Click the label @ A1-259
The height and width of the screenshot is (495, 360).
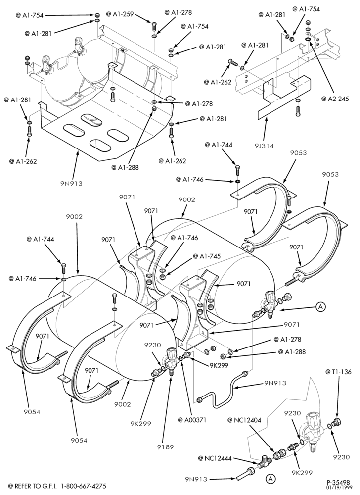120,14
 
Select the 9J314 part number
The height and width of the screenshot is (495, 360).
265,146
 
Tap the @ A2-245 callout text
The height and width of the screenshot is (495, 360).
335,99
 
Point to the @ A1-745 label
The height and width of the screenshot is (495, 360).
207,256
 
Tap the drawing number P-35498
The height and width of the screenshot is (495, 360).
338,482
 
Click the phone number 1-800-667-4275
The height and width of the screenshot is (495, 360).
84,486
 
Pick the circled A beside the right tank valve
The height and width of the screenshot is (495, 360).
320,306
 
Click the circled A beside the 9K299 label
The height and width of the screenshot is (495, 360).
270,478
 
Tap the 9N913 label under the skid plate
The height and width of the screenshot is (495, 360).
72,183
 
